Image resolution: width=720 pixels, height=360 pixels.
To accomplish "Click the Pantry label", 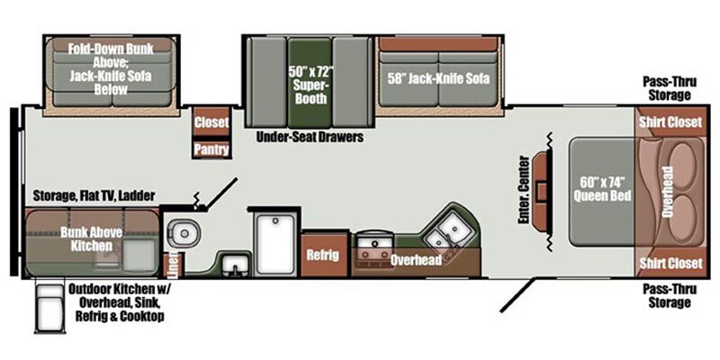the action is pyautogui.click(x=211, y=149).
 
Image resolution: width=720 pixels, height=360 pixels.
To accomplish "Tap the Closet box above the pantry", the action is pyautogui.click(x=211, y=121).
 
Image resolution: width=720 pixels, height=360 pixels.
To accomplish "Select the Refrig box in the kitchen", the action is pyautogui.click(x=324, y=255).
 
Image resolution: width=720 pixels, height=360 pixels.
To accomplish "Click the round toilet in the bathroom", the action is pyautogui.click(x=183, y=233).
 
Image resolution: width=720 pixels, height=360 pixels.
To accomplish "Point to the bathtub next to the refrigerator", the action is pyautogui.click(x=275, y=244).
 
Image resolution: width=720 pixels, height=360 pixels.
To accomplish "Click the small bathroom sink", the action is pyautogui.click(x=236, y=265).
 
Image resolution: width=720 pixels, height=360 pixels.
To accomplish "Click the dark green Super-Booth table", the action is pyautogui.click(x=310, y=83).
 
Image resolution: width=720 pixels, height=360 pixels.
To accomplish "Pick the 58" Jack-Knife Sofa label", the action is pyautogui.click(x=438, y=78).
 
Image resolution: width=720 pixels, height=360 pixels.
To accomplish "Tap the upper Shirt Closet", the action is pyautogui.click(x=670, y=121).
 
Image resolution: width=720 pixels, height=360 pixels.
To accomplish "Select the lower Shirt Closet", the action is pyautogui.click(x=670, y=263).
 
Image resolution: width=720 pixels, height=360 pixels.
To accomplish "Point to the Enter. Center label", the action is pyautogui.click(x=524, y=190).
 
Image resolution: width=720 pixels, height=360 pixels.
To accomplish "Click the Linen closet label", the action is pyautogui.click(x=173, y=265).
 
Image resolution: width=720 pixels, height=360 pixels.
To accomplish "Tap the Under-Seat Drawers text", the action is pyautogui.click(x=310, y=137).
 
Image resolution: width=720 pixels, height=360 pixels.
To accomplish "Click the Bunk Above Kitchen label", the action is pyautogui.click(x=92, y=238).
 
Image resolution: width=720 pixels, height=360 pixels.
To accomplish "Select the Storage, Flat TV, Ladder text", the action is pyautogui.click(x=94, y=195).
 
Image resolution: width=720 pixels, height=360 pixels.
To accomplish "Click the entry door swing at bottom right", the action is pyautogui.click(x=517, y=294).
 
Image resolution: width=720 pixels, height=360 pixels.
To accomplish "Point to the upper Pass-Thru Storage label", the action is pyautogui.click(x=670, y=88).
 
